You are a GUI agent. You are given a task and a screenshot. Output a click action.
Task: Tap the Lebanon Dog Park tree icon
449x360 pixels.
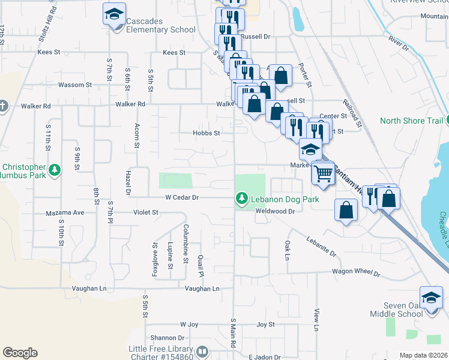pos(242,197)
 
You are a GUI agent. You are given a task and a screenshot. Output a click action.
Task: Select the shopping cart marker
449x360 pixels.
pos(324,173)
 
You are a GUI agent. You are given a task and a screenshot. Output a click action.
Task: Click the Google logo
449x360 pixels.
pos(20,353)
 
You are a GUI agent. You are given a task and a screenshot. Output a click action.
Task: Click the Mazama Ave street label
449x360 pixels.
pos(65,212)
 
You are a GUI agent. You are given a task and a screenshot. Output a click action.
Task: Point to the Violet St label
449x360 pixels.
pos(146,212)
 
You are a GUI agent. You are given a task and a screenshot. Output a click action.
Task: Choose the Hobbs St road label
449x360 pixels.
pos(206,133)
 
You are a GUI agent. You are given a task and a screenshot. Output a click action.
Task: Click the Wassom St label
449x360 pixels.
pos(75,85)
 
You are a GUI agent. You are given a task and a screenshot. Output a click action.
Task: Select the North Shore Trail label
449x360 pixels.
pos(411,121)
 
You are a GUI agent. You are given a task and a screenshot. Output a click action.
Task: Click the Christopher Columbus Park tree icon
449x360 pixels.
pos(55,170)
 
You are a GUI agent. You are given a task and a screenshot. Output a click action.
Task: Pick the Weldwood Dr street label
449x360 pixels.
pos(276,211)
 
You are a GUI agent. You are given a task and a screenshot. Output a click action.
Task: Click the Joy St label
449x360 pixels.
pos(265,325)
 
